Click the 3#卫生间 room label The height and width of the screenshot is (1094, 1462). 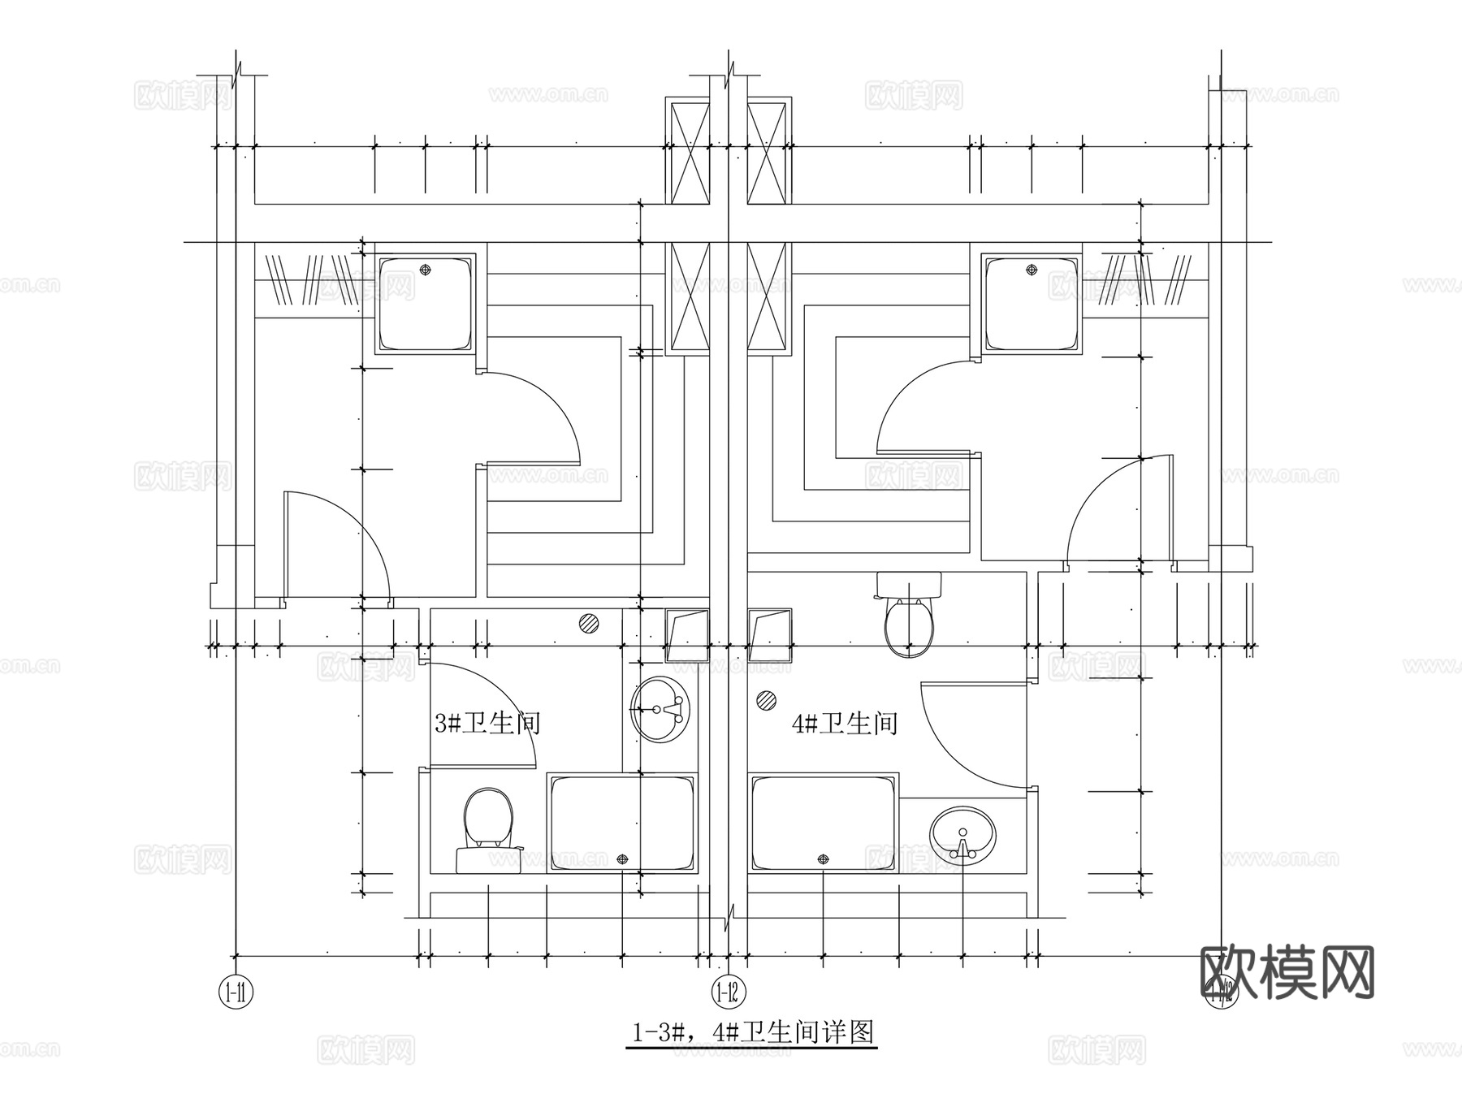point(487,722)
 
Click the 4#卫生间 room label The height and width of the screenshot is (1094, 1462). point(845,722)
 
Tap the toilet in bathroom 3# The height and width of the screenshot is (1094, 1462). point(488,828)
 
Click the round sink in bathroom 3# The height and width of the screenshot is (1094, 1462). point(660,709)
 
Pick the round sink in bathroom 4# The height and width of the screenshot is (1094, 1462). point(962,835)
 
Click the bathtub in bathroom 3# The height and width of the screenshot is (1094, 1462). point(623,824)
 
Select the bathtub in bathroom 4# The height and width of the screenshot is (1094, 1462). point(824,824)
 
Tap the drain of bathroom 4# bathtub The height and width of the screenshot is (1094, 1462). point(824,858)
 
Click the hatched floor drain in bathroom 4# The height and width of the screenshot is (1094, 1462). point(765,699)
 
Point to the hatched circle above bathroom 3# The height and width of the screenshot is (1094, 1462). point(589,624)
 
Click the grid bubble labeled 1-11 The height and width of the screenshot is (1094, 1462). point(236,992)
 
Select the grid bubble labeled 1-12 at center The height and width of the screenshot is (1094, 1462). point(729,992)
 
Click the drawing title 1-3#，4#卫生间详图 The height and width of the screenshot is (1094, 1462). point(752,1032)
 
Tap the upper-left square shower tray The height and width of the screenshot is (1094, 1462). point(425,303)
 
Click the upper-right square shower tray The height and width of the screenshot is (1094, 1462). point(1032,303)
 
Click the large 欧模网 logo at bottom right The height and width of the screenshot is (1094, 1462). point(1287,971)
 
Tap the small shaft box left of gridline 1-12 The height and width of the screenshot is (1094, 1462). point(686,634)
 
